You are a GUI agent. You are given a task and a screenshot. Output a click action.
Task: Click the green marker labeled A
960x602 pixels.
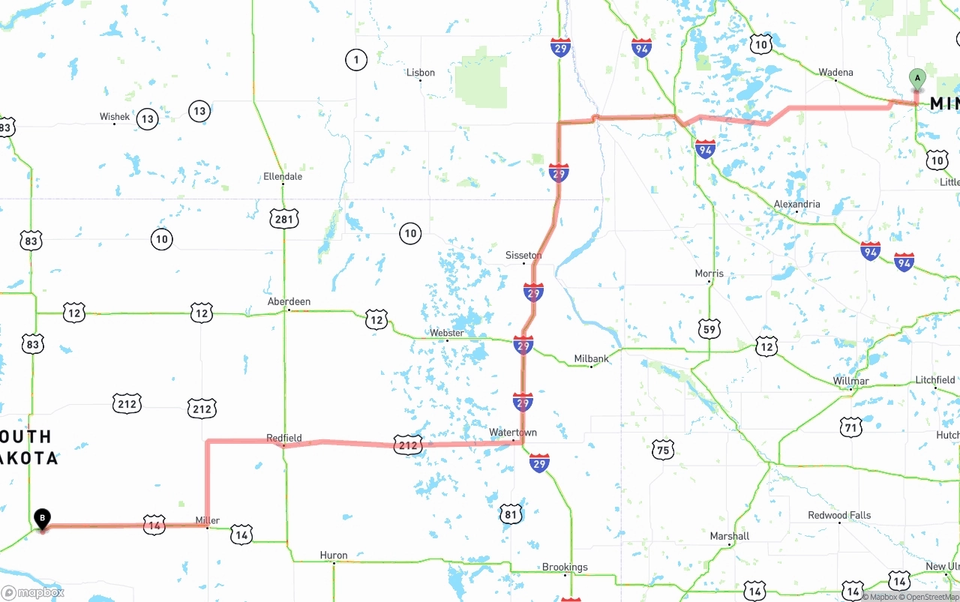point(916,79)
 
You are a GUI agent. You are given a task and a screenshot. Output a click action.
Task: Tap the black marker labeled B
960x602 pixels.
point(43,518)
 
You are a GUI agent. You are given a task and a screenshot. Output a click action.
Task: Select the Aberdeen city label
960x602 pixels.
point(289,301)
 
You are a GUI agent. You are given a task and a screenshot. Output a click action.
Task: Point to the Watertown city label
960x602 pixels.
point(513,433)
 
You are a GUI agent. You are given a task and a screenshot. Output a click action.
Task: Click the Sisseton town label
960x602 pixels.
point(523,256)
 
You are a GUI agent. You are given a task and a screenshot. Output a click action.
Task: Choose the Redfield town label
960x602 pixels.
point(284,438)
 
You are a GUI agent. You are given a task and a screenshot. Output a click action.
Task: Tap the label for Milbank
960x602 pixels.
point(592,359)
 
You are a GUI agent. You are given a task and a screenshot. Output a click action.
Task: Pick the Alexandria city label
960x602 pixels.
point(796,204)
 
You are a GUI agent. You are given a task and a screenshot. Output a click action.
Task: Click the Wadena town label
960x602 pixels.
point(835,73)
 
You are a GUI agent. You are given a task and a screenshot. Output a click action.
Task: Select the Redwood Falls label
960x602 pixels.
point(839,515)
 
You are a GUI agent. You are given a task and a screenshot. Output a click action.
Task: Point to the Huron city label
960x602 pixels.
point(334,556)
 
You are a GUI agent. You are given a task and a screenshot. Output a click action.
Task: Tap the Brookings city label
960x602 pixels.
point(565,568)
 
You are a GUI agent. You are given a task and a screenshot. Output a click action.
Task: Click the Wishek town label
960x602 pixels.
point(115,117)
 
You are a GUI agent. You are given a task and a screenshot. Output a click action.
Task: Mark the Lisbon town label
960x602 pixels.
point(421,73)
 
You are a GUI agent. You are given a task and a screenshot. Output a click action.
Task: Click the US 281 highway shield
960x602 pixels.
point(284,219)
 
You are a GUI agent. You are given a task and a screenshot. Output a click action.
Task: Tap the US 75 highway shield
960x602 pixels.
point(662,450)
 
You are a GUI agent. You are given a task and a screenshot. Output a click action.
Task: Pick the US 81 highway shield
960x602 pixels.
point(511,514)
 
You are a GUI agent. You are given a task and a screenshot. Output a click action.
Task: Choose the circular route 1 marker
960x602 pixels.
point(356,59)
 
